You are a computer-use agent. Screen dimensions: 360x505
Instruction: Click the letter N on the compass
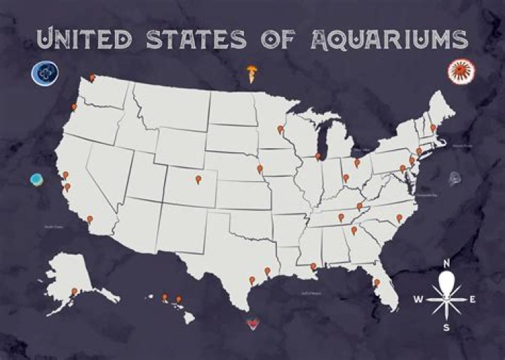(x=446, y=264)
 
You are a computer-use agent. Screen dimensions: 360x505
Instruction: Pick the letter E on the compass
(x=473, y=300)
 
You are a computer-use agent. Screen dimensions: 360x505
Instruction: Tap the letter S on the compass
(x=445, y=328)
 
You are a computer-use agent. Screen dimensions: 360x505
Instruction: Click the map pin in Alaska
(x=74, y=291)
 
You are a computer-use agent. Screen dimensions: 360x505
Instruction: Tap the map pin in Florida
(x=377, y=283)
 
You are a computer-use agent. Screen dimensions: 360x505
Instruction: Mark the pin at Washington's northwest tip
(x=92, y=78)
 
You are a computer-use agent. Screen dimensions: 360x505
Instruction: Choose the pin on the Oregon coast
(x=74, y=107)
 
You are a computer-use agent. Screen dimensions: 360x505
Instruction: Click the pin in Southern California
(x=90, y=218)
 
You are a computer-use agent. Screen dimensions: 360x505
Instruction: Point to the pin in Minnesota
(x=280, y=129)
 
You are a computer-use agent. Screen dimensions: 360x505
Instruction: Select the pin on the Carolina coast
(x=399, y=218)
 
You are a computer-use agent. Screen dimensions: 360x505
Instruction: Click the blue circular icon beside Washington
(x=43, y=72)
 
